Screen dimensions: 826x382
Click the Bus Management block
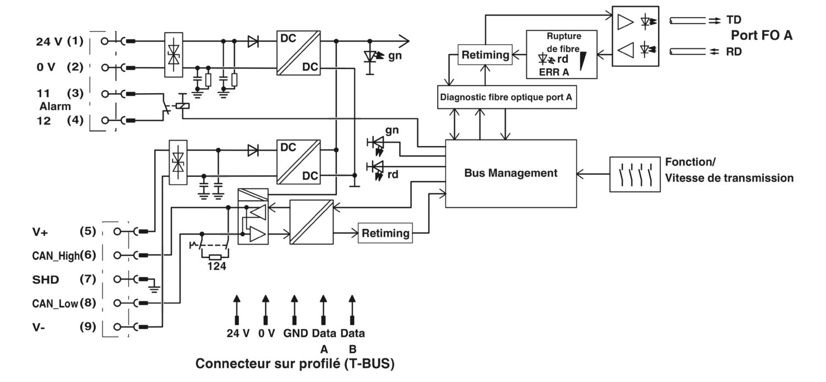(510, 174)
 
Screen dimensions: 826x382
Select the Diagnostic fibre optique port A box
(507, 98)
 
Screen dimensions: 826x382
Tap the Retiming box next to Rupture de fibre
(485, 55)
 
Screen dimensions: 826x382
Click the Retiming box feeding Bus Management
(385, 233)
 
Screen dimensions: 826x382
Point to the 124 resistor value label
(216, 266)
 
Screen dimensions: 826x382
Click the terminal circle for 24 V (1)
(105, 41)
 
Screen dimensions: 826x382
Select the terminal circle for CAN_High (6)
(117, 255)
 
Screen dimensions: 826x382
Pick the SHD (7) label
(64, 279)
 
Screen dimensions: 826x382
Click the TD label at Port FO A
(733, 19)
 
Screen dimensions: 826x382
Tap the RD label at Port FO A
(734, 52)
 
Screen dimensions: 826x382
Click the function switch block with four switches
(634, 174)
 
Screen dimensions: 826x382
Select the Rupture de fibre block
(562, 54)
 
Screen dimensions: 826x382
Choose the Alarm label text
(55, 107)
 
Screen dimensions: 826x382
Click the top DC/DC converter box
(298, 53)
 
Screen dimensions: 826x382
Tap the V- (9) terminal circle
(117, 327)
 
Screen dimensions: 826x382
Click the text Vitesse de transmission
(730, 178)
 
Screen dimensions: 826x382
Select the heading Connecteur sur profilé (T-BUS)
(295, 364)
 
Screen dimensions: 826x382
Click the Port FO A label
(762, 35)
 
